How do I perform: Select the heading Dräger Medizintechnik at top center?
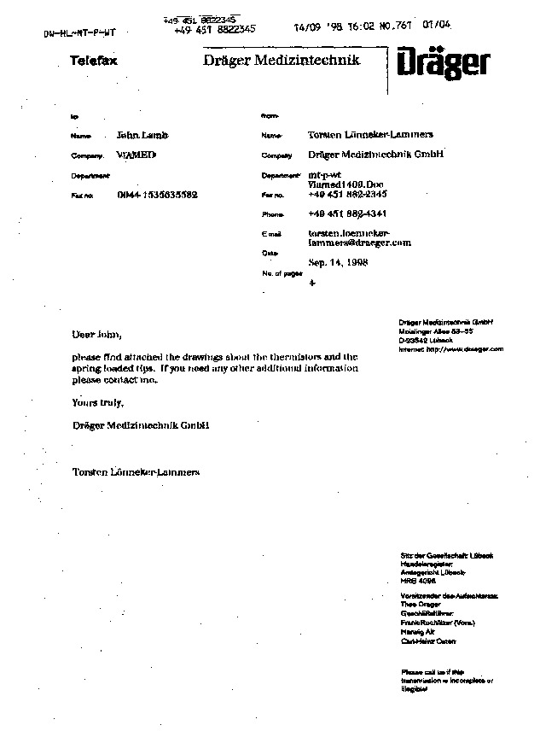[281, 60]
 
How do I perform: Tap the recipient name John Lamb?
[142, 135]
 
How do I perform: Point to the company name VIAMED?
[136, 155]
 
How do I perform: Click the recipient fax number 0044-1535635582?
[158, 195]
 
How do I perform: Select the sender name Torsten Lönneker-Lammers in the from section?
[370, 135]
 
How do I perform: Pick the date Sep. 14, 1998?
[338, 264]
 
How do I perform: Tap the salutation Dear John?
[91, 333]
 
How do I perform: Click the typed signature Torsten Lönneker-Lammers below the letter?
[136, 471]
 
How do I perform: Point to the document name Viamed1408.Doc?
[346, 184]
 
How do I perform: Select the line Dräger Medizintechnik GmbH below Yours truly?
[141, 424]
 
